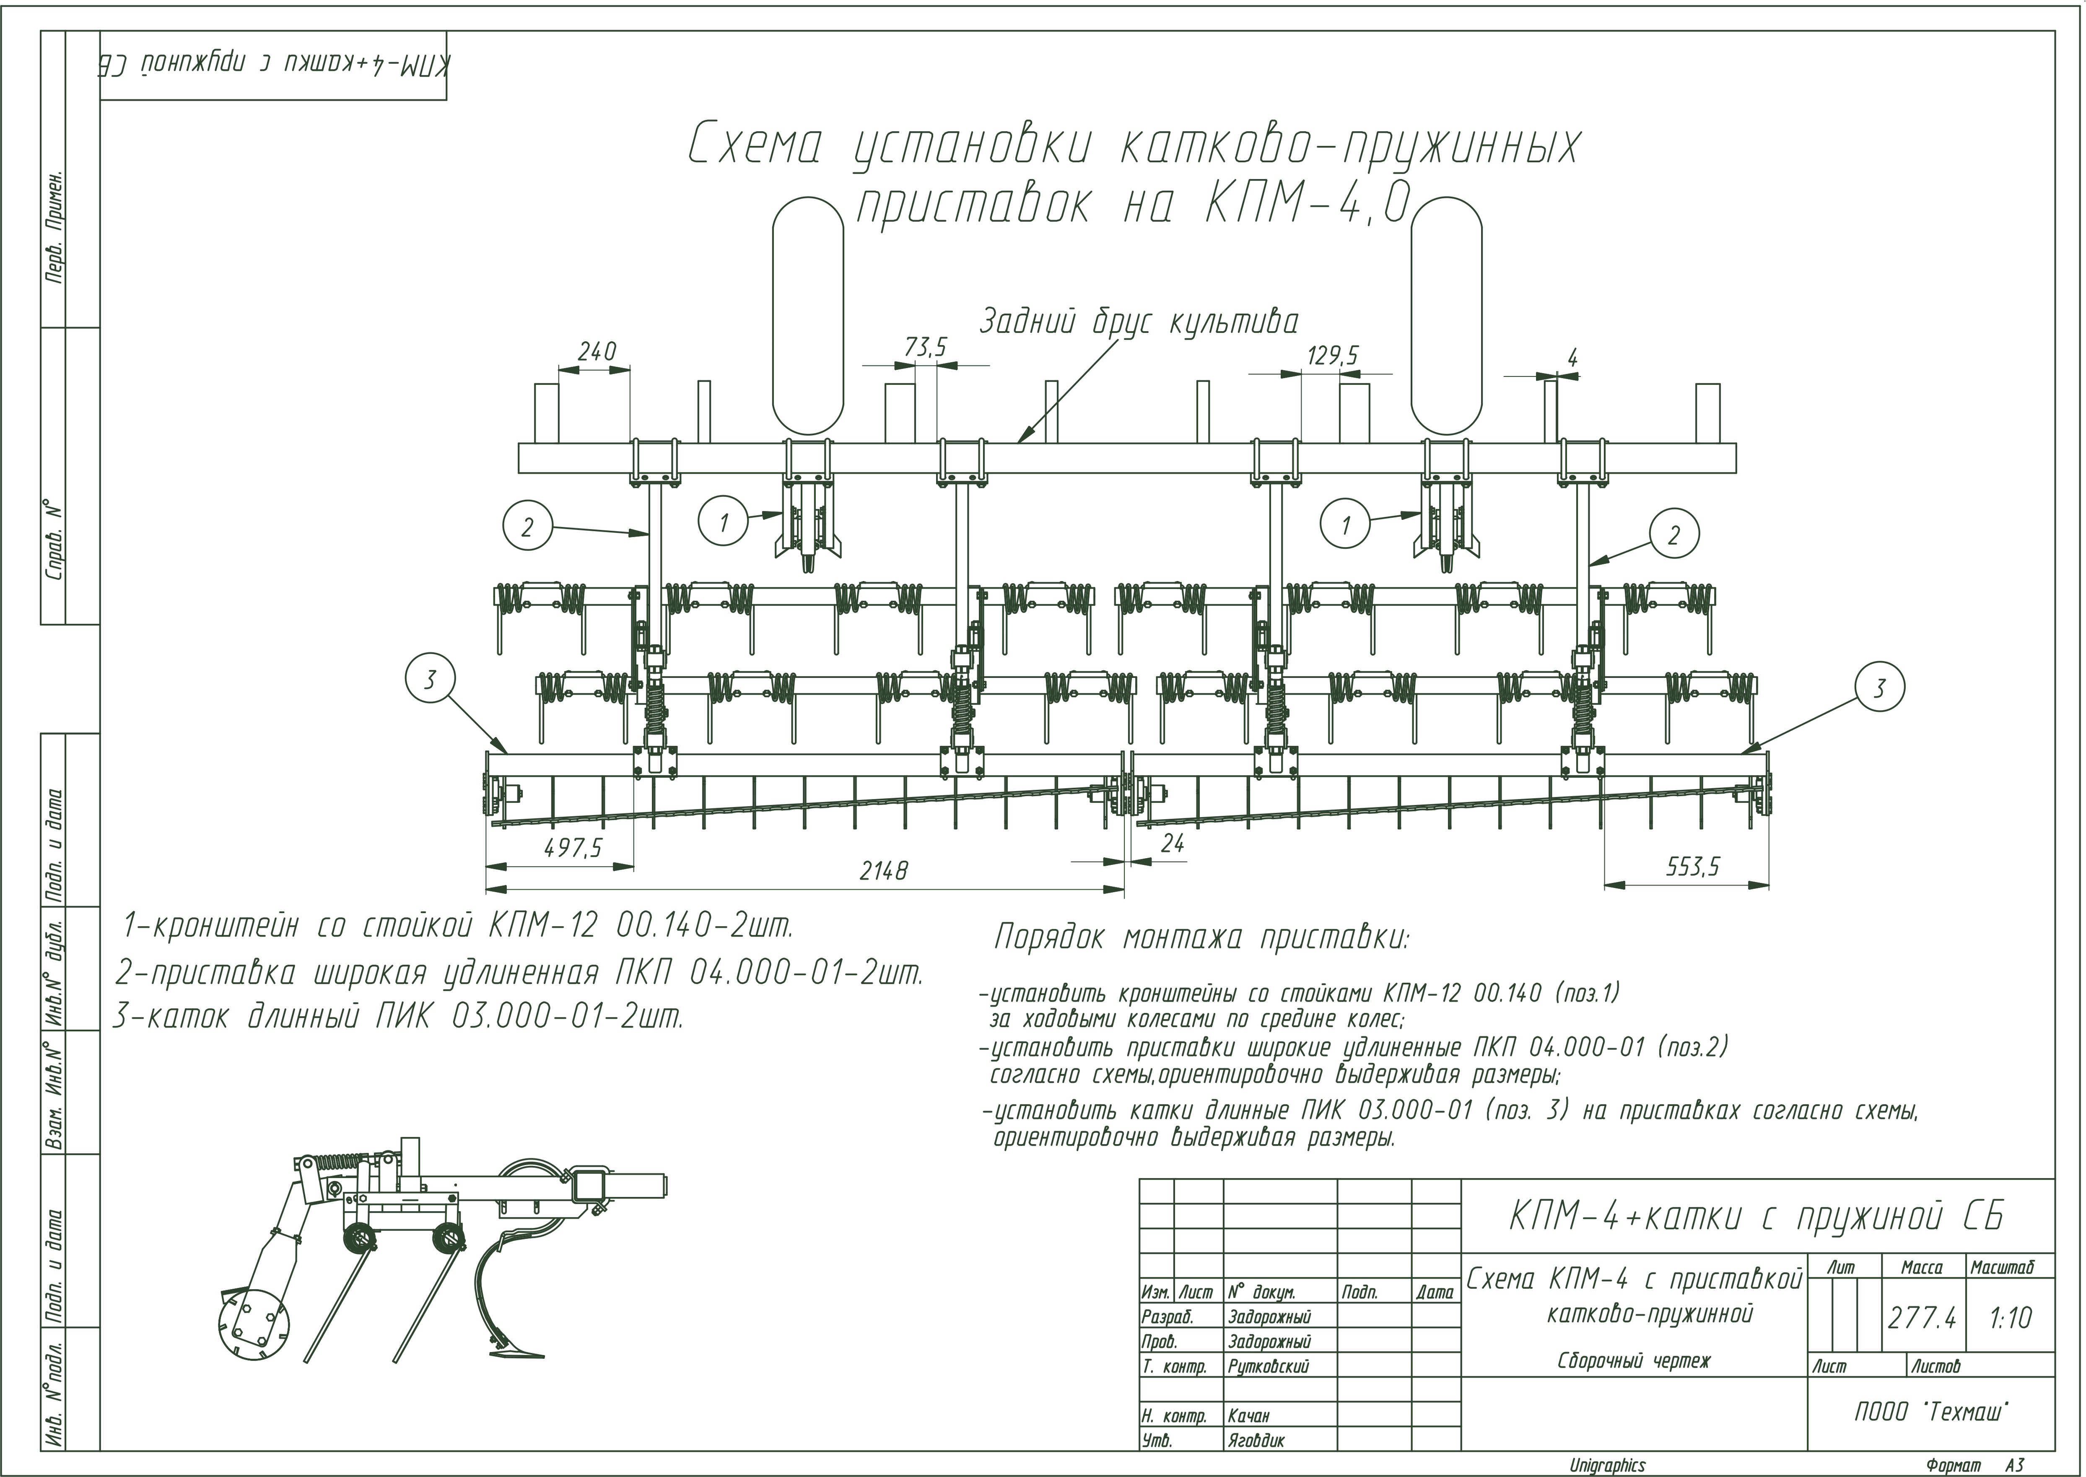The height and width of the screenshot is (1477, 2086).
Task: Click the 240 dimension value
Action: pyautogui.click(x=597, y=351)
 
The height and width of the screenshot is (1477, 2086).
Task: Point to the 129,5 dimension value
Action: pyautogui.click(x=1332, y=356)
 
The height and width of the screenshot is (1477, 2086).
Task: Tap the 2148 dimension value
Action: pyautogui.click(x=883, y=871)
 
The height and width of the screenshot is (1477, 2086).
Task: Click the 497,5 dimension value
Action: pyautogui.click(x=573, y=848)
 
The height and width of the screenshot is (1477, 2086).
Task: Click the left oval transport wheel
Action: pyautogui.click(x=807, y=315)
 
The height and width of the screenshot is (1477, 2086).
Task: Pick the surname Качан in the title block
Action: pyautogui.click(x=1248, y=1416)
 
